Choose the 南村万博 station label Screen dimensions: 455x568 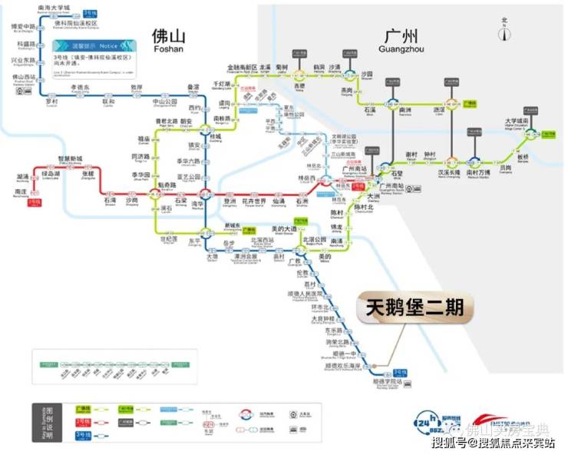pos(479,174)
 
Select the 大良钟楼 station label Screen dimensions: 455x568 pos(323,318)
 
